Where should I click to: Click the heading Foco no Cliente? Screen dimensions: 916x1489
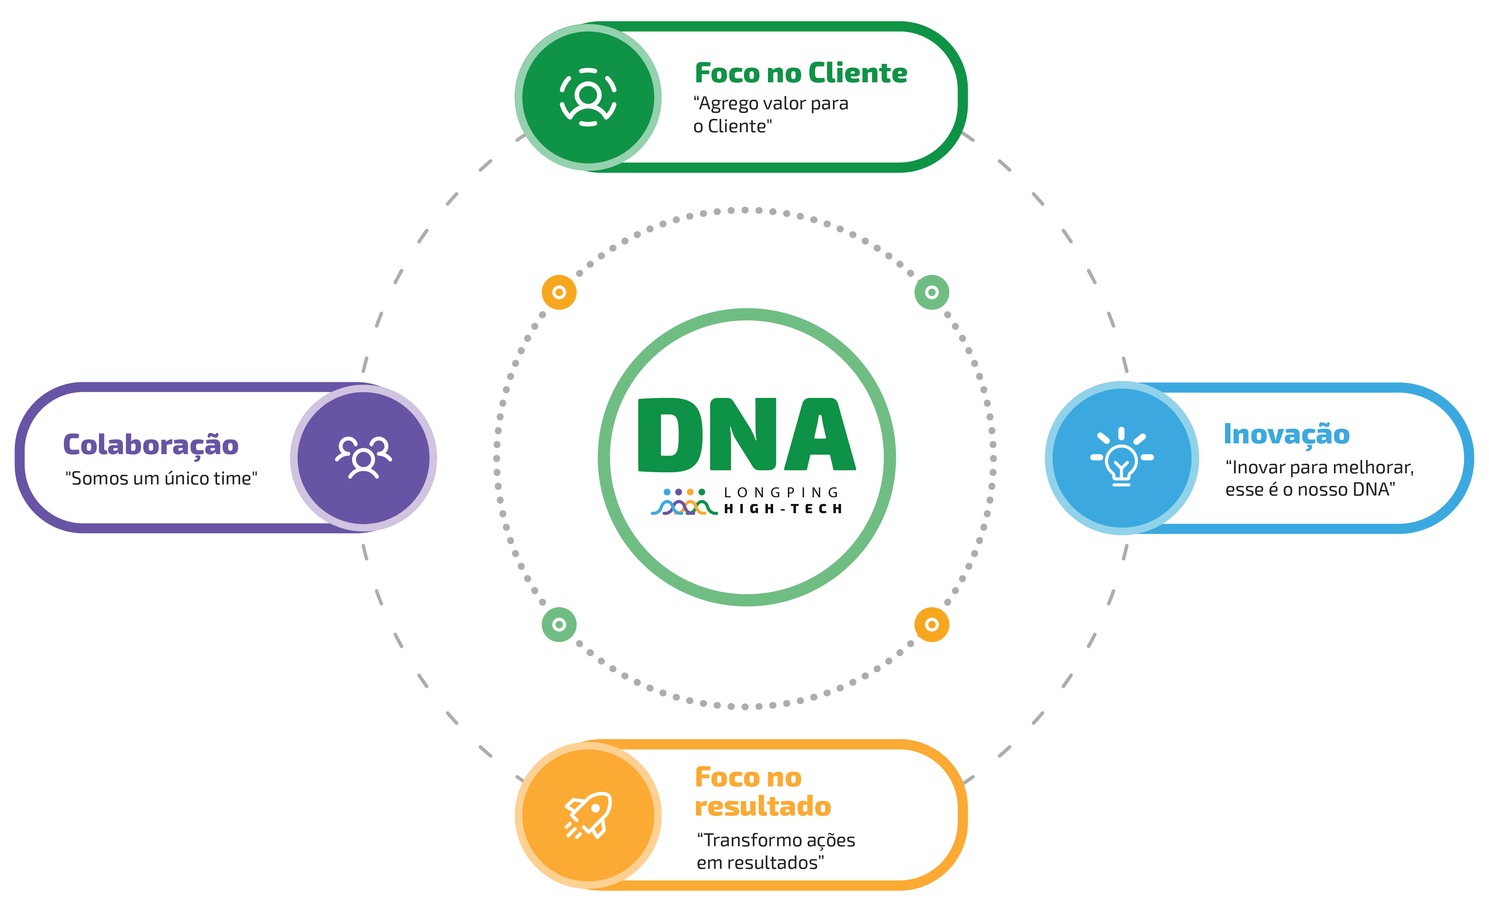800,73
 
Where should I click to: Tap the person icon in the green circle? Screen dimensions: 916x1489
588,97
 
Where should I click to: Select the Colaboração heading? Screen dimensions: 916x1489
151,445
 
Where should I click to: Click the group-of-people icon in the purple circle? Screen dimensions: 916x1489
363,457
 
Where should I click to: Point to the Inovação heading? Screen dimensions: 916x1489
1286,435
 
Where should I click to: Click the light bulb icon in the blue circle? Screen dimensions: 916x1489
1121,457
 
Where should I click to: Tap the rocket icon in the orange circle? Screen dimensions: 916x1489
588,815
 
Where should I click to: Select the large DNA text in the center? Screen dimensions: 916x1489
746,435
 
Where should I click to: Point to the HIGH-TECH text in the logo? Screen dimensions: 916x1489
783,509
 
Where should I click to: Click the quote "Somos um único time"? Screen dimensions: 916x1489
161,478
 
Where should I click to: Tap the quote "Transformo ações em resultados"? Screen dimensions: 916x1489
775,851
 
